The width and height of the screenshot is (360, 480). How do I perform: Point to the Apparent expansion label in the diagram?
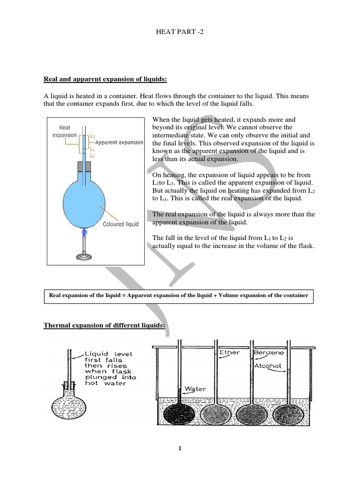(119, 142)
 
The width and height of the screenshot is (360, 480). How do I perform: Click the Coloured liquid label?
(120, 224)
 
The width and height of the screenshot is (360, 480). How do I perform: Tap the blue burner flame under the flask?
(85, 231)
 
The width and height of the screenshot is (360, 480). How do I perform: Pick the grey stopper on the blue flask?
(85, 167)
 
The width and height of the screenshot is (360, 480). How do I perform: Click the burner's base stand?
(85, 256)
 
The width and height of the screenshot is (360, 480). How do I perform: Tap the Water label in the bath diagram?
(195, 389)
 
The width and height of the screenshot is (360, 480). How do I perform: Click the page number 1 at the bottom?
(180, 448)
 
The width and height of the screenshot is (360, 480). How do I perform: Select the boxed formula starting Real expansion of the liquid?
(179, 295)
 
